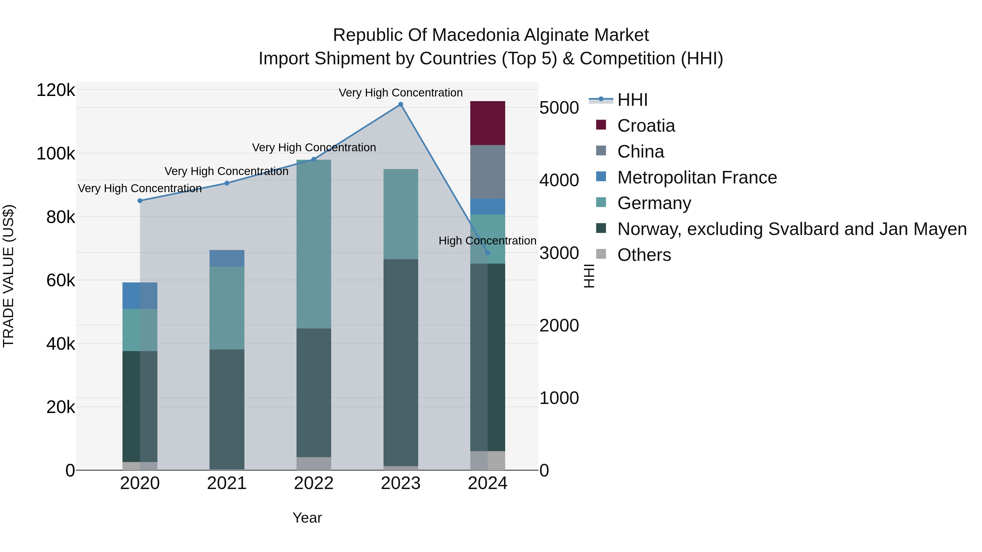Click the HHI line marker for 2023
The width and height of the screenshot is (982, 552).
click(401, 104)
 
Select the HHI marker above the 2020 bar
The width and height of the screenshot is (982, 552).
click(140, 201)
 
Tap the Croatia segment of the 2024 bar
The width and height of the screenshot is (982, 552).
click(487, 123)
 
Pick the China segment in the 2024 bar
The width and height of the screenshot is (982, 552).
click(487, 171)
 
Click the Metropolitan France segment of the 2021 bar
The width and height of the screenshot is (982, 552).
click(227, 258)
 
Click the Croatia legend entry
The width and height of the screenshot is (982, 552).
click(646, 126)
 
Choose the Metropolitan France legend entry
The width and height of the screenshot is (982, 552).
click(697, 177)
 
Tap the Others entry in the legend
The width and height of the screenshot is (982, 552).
click(644, 255)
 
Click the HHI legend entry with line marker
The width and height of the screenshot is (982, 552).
click(632, 100)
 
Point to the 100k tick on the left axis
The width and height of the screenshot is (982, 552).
click(56, 154)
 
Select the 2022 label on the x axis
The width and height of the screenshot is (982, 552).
click(314, 483)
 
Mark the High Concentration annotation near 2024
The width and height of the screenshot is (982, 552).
click(487, 241)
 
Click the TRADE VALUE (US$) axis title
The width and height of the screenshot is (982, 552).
click(8, 276)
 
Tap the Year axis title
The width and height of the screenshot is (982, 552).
click(307, 518)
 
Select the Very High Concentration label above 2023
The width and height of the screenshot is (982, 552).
click(401, 93)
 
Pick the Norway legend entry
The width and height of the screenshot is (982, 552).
click(792, 229)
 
